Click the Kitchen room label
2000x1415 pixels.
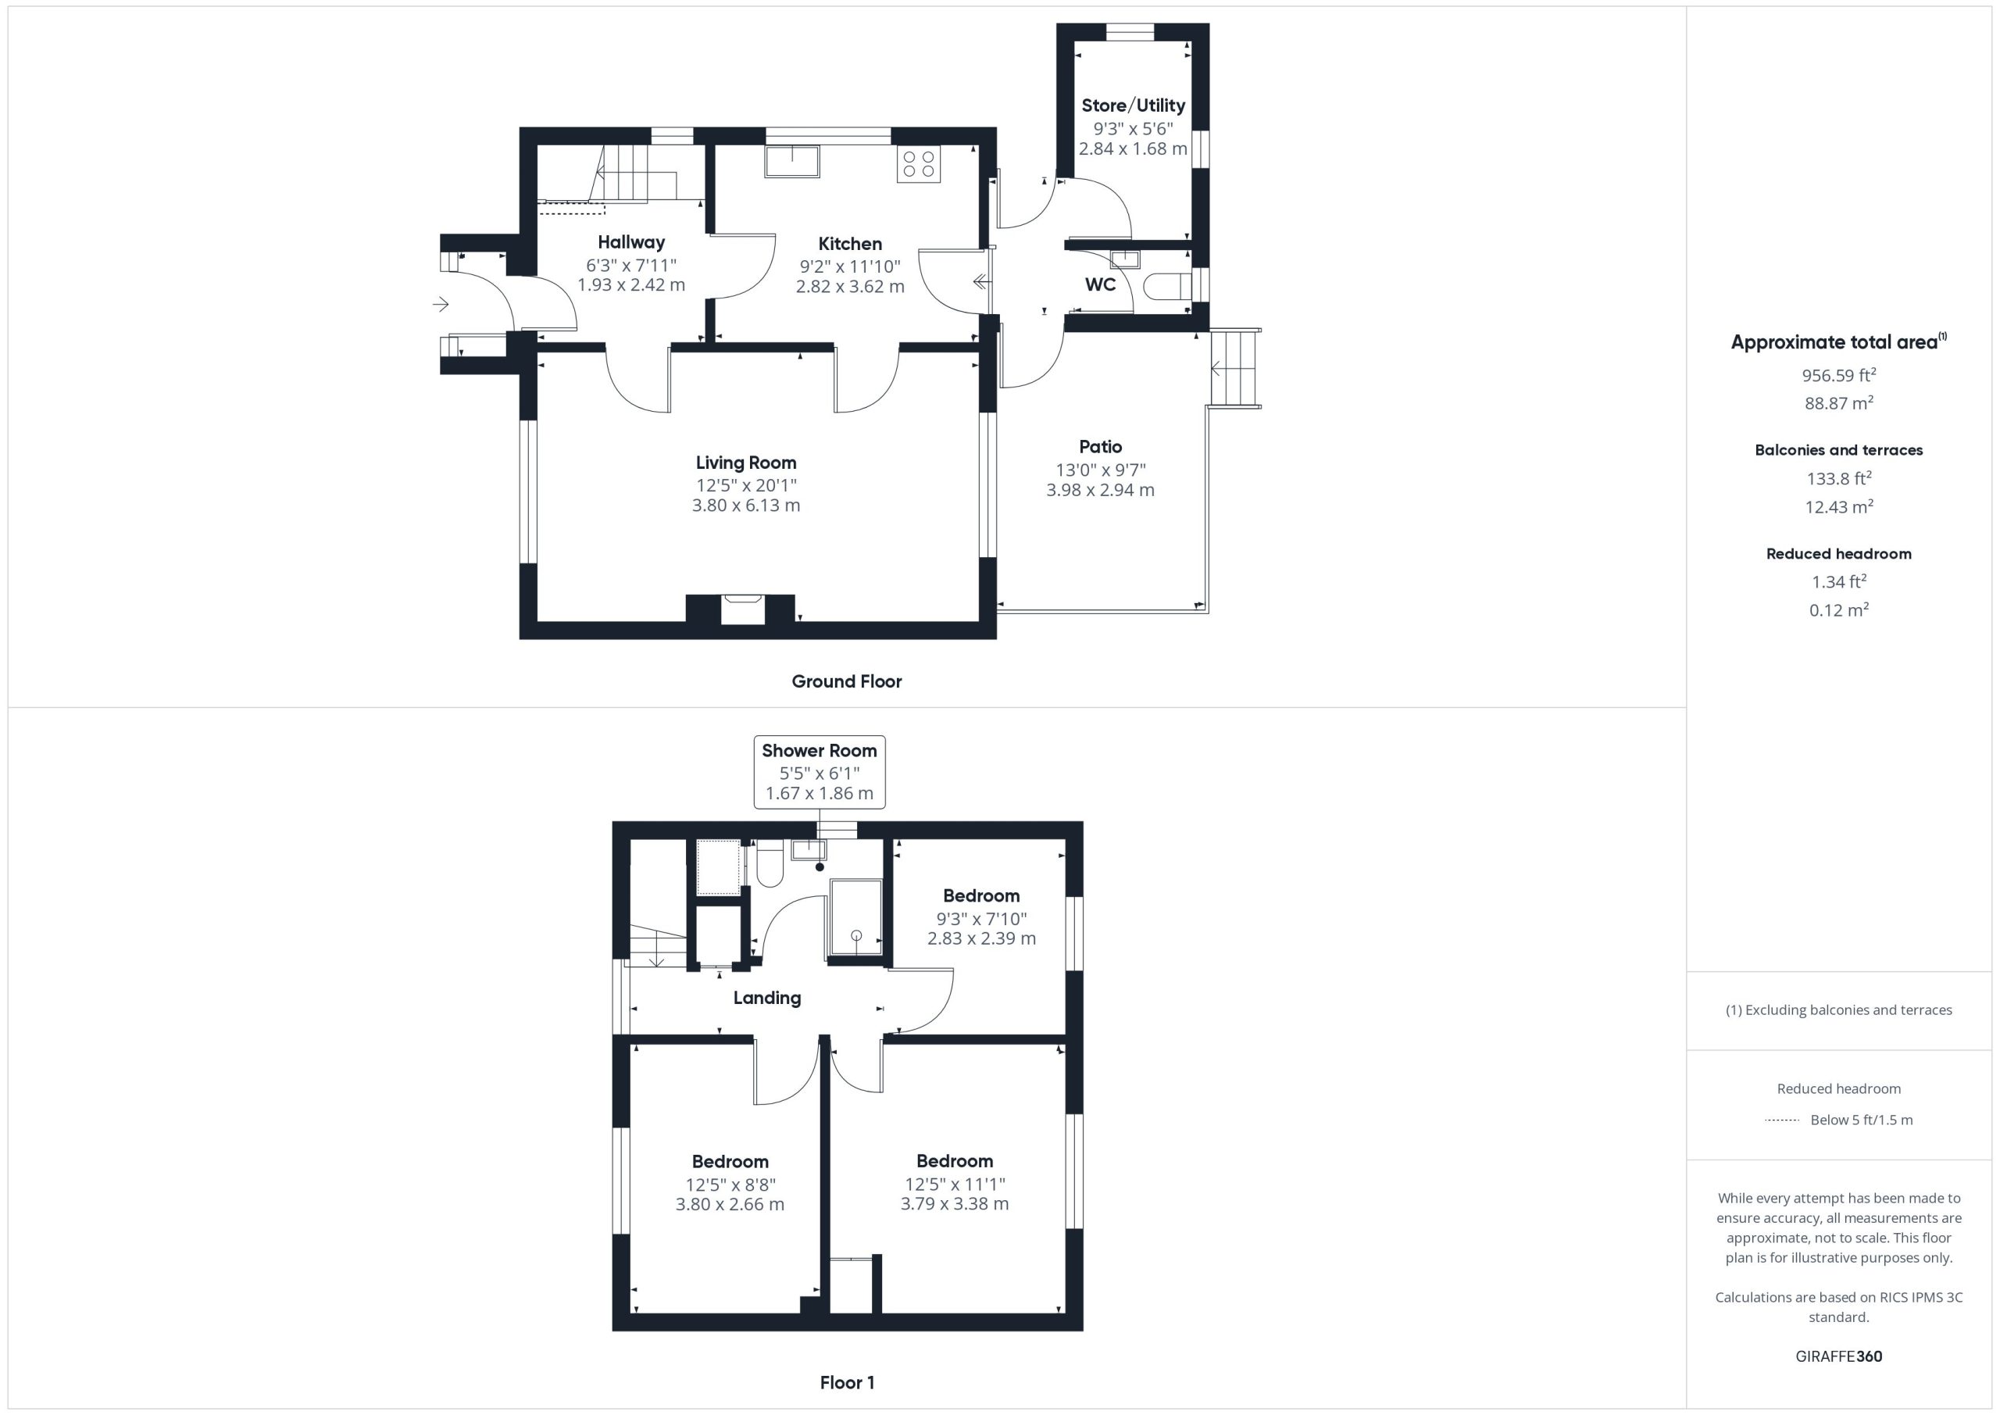(x=849, y=244)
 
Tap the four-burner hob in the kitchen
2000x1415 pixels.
(x=919, y=164)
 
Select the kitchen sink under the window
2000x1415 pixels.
(x=792, y=162)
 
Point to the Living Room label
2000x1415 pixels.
(x=745, y=463)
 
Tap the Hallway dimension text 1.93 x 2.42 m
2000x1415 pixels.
(x=631, y=285)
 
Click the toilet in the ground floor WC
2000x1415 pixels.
(x=1166, y=286)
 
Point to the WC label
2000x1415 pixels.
(x=1100, y=285)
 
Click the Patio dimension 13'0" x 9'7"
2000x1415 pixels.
(x=1100, y=470)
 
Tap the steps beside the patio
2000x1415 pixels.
(x=1235, y=369)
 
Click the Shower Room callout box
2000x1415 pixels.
(x=819, y=772)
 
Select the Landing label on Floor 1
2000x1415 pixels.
(x=766, y=999)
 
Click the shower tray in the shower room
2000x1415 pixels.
(x=856, y=917)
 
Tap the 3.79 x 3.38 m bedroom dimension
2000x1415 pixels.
(x=955, y=1204)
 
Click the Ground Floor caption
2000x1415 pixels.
(x=847, y=681)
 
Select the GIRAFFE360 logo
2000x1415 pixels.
(x=1839, y=1356)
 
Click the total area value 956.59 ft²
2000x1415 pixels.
(x=1839, y=375)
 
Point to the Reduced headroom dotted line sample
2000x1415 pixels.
(x=1782, y=1120)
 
